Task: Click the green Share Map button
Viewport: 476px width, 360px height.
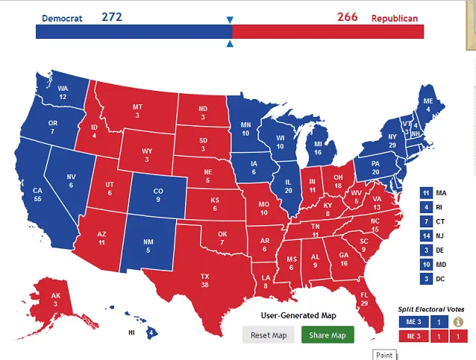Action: click(x=328, y=335)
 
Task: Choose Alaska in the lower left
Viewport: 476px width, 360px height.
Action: click(x=57, y=299)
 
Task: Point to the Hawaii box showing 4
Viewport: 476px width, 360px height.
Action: click(x=151, y=332)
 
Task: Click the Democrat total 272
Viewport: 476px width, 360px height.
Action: click(x=113, y=16)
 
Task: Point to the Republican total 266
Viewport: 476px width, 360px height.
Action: click(x=347, y=16)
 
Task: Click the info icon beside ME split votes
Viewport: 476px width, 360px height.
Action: click(x=458, y=322)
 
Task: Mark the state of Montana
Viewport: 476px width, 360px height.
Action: click(x=137, y=111)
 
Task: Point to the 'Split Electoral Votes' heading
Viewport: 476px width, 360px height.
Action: click(x=430, y=309)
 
